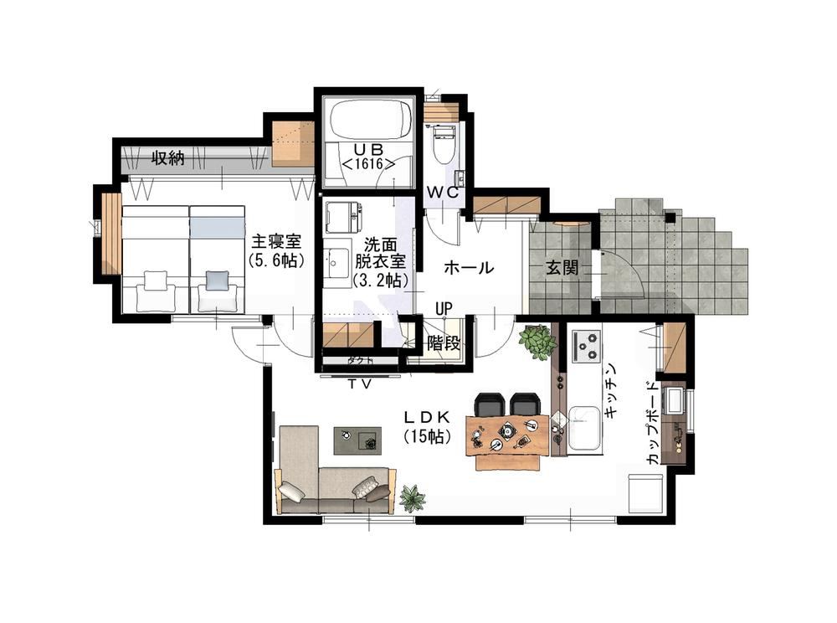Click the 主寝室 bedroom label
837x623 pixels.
point(276,250)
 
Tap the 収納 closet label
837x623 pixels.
point(168,158)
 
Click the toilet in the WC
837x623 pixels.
point(443,144)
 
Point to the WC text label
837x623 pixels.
point(442,193)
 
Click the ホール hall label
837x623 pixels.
point(469,267)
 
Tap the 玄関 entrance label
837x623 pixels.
point(562,267)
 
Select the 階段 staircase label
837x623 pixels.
point(443,344)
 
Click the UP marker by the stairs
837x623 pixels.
point(444,308)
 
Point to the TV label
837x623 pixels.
point(360,384)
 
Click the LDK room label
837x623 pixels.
point(427,426)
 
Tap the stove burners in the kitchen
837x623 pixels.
point(586,346)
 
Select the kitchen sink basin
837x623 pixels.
point(584,429)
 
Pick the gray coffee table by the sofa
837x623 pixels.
point(357,440)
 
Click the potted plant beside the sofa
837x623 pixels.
point(413,498)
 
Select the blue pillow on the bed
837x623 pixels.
point(217,281)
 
